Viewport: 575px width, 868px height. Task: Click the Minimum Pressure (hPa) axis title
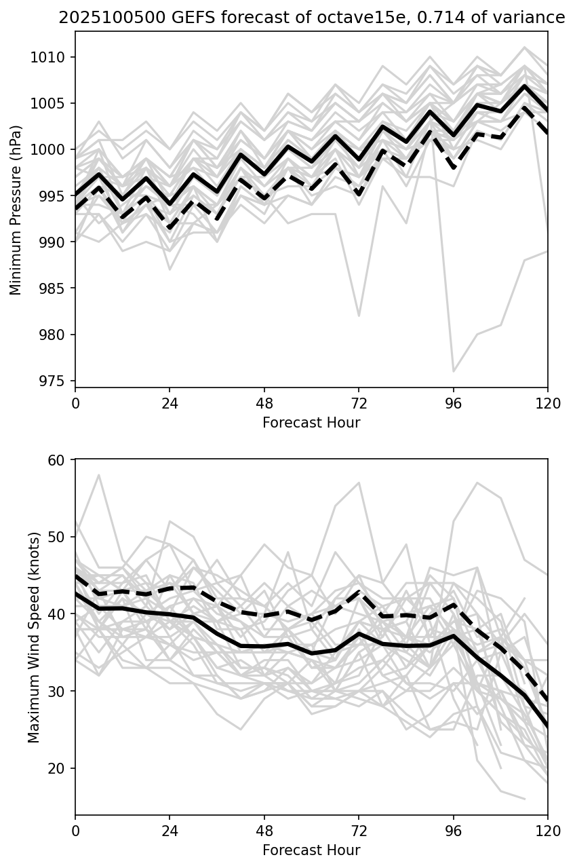pyautogui.click(x=16, y=210)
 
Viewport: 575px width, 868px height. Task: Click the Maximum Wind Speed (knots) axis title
pyautogui.click(x=34, y=637)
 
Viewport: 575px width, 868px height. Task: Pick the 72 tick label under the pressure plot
pyautogui.click(x=359, y=402)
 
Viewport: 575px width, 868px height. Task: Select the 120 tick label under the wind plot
pyautogui.click(x=548, y=830)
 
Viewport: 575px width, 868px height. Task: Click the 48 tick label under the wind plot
pyautogui.click(x=264, y=830)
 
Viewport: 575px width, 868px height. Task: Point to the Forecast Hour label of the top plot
pyautogui.click(x=311, y=423)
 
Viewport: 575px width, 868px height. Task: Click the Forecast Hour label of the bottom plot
pyautogui.click(x=311, y=850)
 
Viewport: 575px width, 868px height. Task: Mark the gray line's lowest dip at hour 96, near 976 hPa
pyautogui.click(x=453, y=371)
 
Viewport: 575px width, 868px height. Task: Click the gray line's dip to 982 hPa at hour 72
pyautogui.click(x=359, y=316)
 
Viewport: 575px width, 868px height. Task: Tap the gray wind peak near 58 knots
pyautogui.click(x=99, y=475)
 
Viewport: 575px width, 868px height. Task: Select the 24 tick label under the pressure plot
pyautogui.click(x=170, y=402)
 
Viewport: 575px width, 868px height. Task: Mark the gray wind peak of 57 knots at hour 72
pyautogui.click(x=359, y=483)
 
